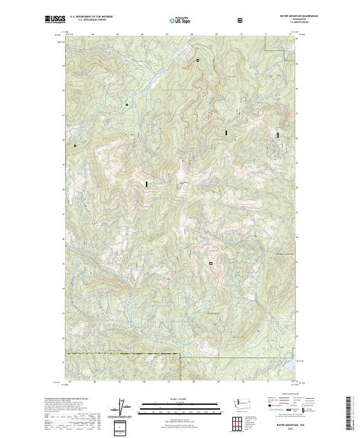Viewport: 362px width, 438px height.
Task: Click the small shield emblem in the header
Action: click(241, 20)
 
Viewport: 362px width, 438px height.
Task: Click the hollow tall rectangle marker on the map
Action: click(278, 136)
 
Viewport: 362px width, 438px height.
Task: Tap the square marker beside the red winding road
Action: click(197, 60)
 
